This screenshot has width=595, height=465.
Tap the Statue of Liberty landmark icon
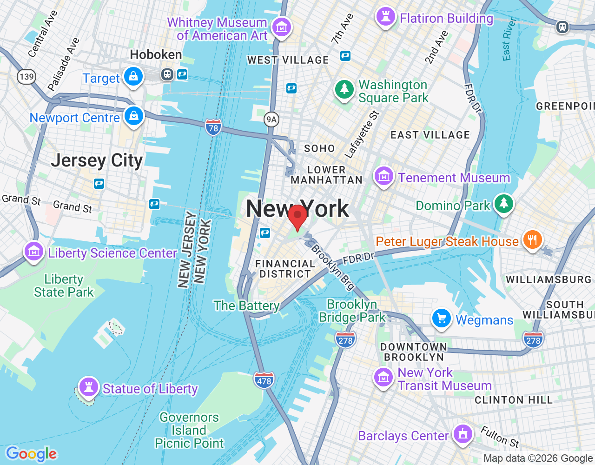[88, 386]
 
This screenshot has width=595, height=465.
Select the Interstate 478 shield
[264, 381]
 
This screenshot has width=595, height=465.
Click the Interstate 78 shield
[213, 127]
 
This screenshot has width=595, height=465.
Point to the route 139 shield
[26, 76]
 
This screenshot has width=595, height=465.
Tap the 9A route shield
[271, 120]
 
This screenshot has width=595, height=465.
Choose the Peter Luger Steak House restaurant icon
[532, 240]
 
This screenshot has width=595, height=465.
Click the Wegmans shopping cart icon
[441, 319]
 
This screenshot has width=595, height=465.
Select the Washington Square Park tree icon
[344, 89]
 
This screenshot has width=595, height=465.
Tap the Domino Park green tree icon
[503, 204]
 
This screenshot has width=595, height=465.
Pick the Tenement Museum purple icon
[383, 177]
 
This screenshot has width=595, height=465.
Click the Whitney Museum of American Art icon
[281, 27]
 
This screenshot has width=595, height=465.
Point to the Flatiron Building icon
[385, 17]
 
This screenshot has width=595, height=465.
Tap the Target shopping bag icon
[133, 76]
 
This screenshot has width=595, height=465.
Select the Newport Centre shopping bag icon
[134, 116]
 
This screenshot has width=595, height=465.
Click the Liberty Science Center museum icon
[34, 252]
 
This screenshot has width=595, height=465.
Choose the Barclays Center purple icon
[462, 434]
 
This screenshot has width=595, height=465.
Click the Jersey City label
[97, 160]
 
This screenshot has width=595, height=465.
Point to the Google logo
[31, 454]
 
